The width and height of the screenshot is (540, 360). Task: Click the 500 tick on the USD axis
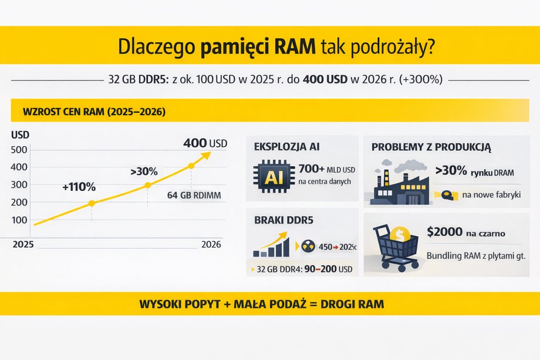[19, 150]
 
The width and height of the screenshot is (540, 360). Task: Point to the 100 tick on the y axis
[19, 220]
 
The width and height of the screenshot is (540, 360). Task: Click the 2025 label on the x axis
[23, 244]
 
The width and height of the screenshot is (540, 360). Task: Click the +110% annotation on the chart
[79, 187]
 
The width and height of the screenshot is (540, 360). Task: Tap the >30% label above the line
[143, 171]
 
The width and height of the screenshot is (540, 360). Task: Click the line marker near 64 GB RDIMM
[191, 166]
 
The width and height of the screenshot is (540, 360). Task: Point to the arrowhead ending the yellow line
[206, 155]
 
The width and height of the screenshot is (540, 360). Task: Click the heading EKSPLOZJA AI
[286, 146]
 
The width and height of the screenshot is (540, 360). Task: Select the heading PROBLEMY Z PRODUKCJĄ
[431, 146]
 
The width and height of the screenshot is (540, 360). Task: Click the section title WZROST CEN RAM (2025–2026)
[93, 112]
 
